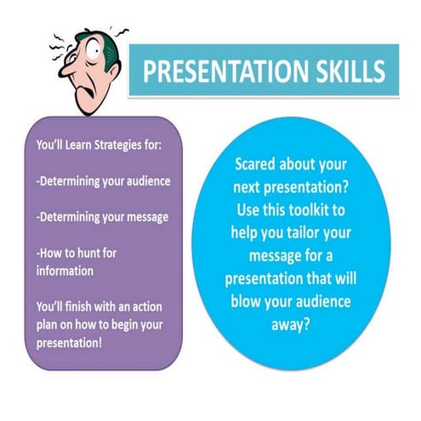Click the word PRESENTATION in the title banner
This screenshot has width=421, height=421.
coord(224,72)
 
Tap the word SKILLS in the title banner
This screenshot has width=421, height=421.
coord(340,72)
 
